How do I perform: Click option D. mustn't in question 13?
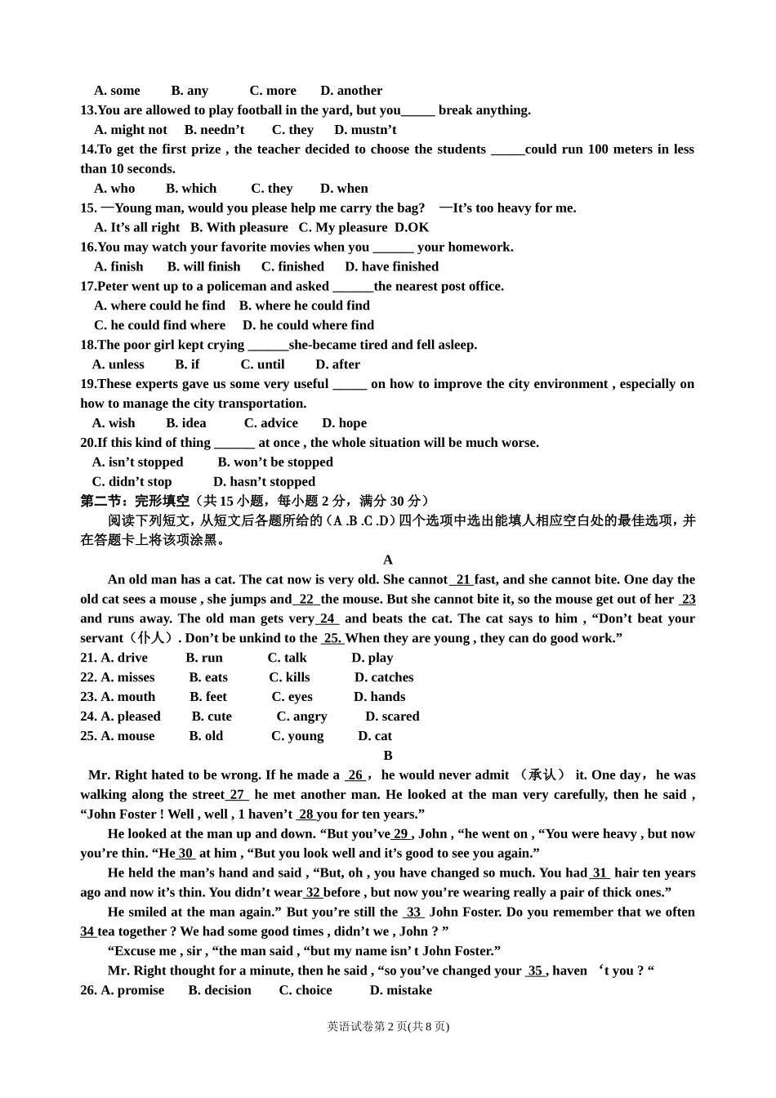(x=365, y=130)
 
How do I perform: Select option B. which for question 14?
(x=191, y=189)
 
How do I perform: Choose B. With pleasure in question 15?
(x=239, y=228)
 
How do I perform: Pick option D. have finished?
(x=391, y=267)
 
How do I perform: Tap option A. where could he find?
(x=159, y=306)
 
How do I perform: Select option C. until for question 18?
(x=262, y=365)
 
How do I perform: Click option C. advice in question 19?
(x=270, y=424)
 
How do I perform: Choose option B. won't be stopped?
(x=275, y=462)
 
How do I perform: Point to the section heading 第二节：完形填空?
(x=135, y=502)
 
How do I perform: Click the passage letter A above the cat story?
(x=388, y=560)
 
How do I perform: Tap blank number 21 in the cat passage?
(x=463, y=580)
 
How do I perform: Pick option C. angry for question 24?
(x=301, y=717)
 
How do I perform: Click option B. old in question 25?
(x=206, y=737)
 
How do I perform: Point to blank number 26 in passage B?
(x=355, y=775)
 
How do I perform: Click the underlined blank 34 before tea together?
(x=87, y=932)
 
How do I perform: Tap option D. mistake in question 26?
(x=400, y=991)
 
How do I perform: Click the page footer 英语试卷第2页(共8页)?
(x=388, y=1027)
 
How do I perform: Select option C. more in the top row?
(x=273, y=91)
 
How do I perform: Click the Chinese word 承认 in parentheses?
(x=542, y=775)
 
